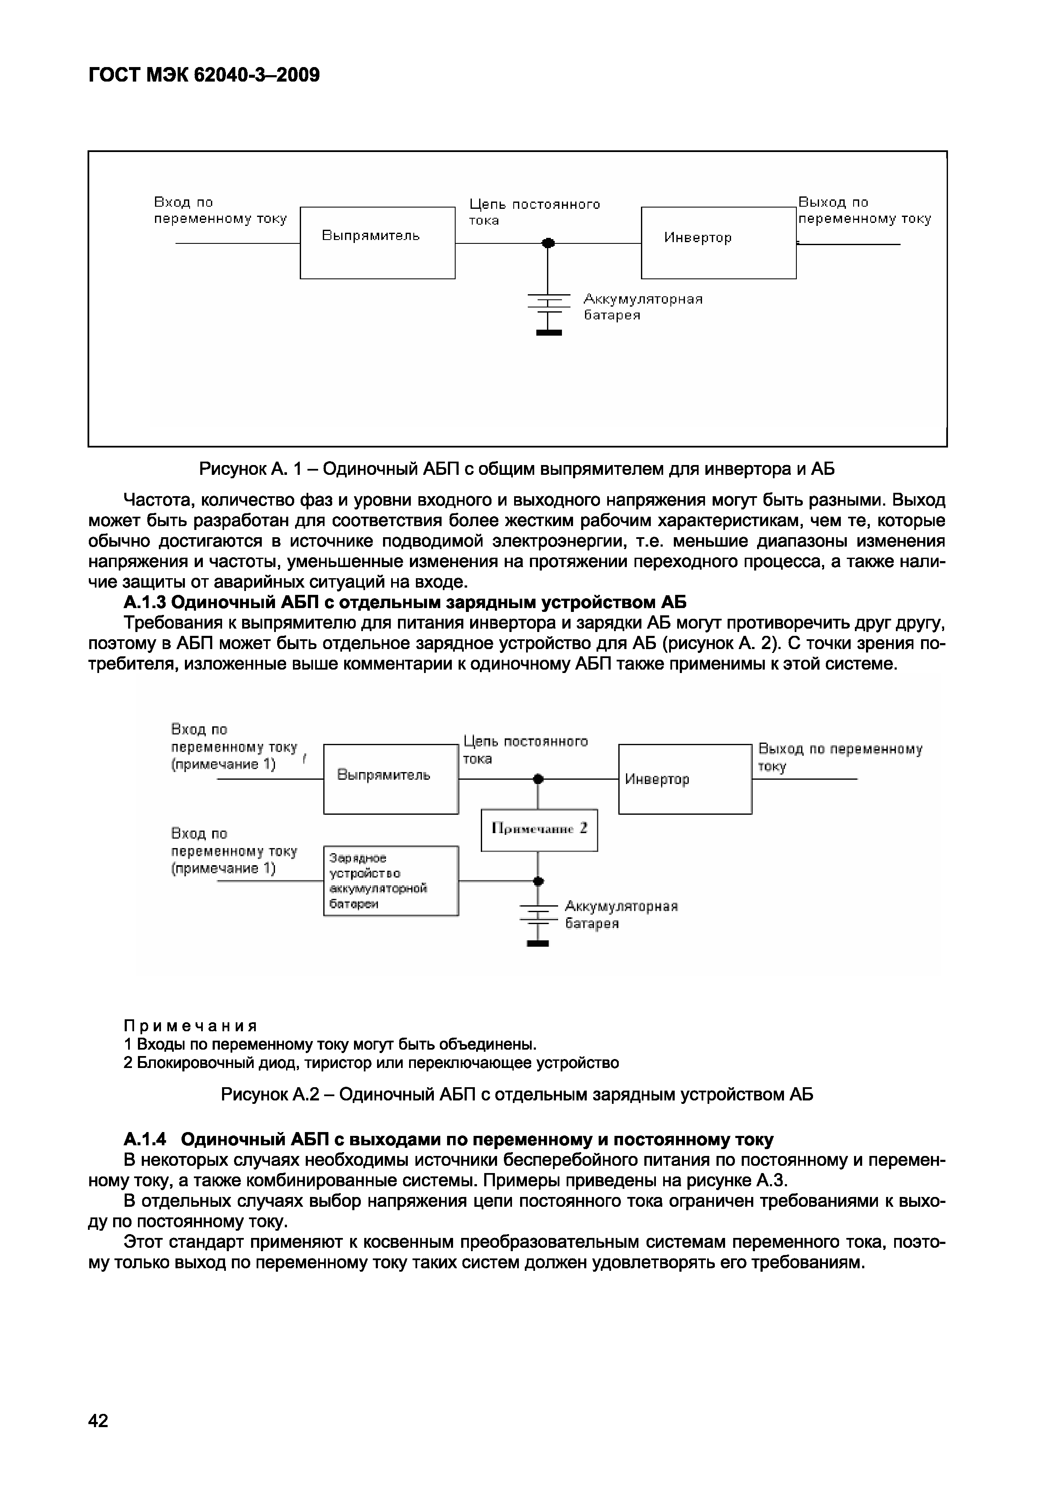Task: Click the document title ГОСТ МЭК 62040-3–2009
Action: click(204, 76)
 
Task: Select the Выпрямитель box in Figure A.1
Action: click(377, 243)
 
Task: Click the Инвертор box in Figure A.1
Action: click(718, 243)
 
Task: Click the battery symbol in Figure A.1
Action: click(548, 313)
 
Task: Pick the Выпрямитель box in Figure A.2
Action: click(391, 779)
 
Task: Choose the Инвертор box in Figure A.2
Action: click(685, 779)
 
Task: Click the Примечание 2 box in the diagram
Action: click(539, 829)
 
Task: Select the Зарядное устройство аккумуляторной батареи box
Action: click(391, 881)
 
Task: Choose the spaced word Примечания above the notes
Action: click(190, 1026)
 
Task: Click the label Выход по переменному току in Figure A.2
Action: click(840, 758)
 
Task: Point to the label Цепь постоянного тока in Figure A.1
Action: click(534, 212)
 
